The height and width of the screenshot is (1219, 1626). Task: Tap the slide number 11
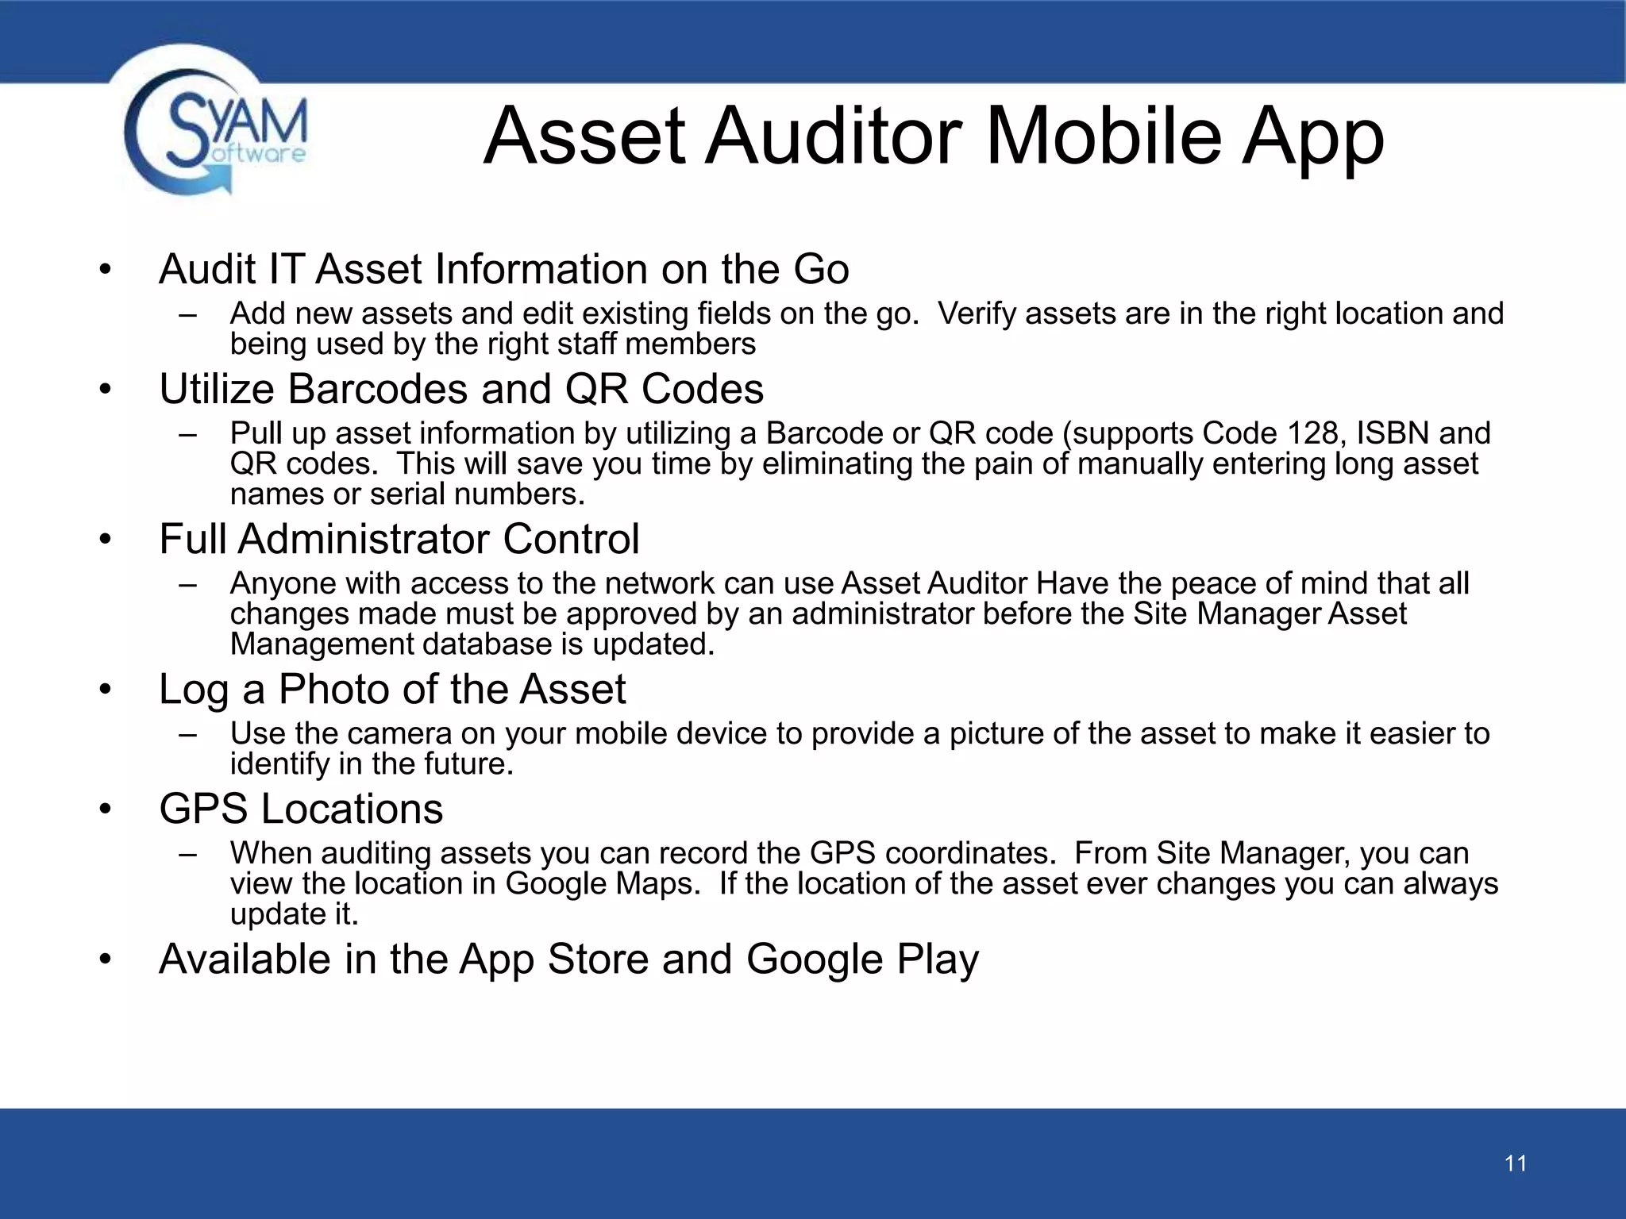click(x=1515, y=1163)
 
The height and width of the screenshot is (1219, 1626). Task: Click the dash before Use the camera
click(x=187, y=734)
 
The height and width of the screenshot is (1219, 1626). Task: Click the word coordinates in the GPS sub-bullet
click(x=969, y=853)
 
